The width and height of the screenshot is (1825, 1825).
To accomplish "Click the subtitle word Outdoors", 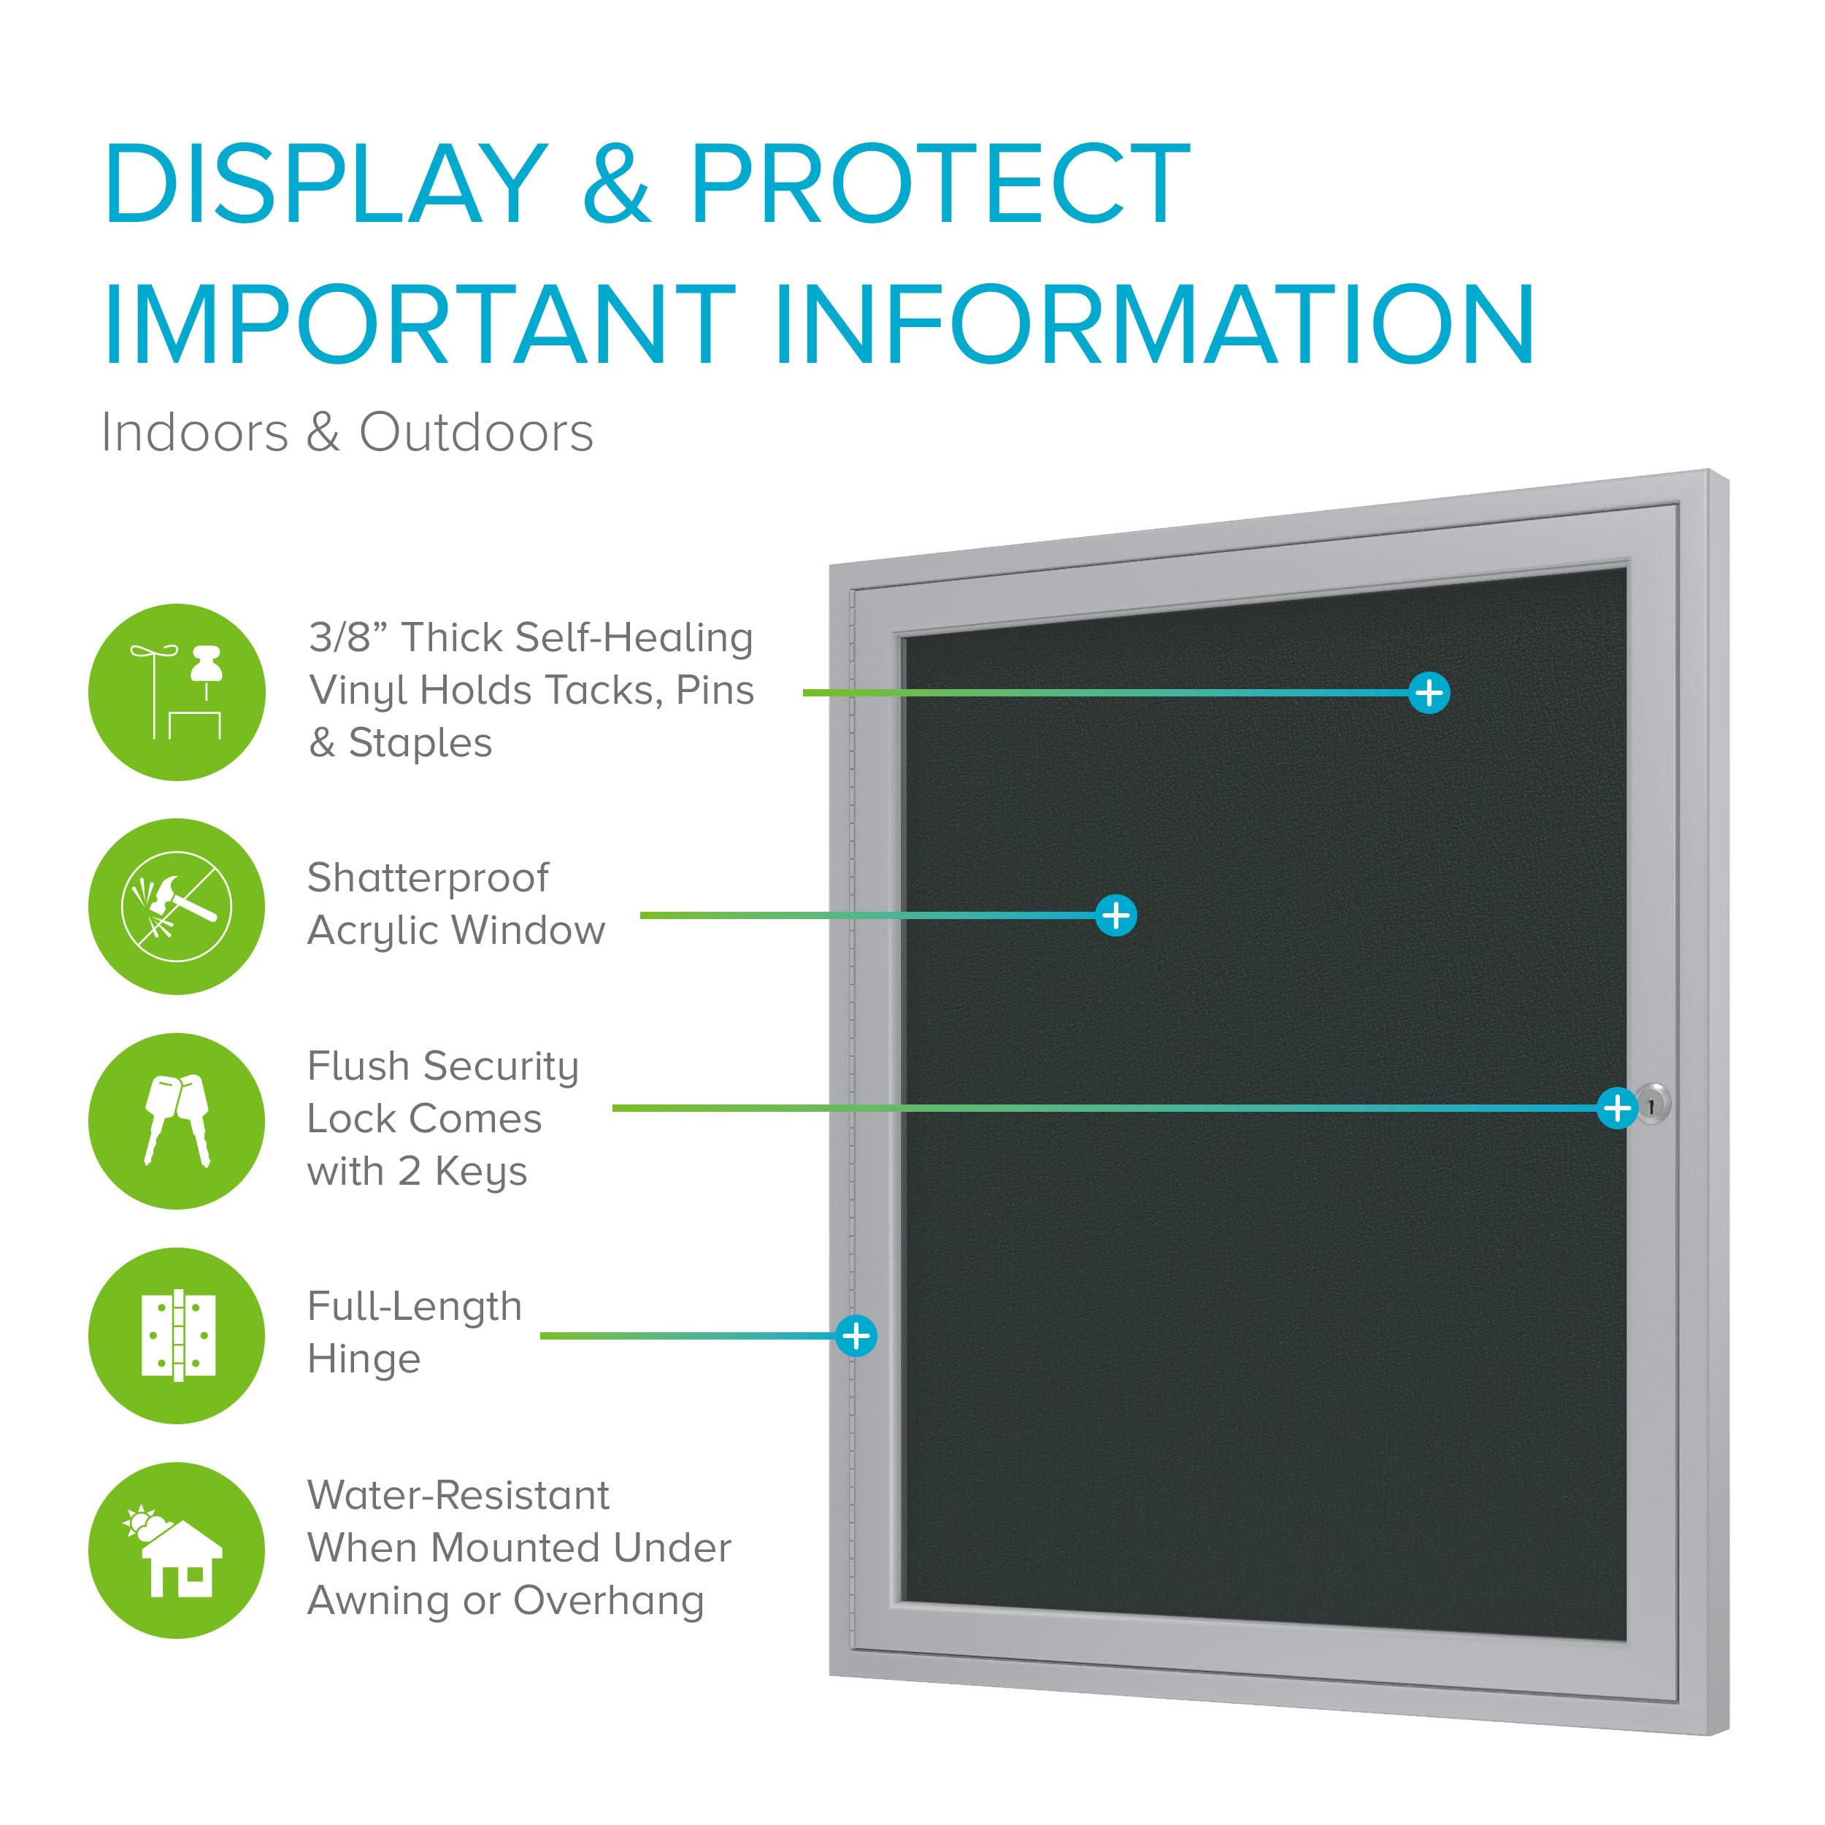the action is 476,433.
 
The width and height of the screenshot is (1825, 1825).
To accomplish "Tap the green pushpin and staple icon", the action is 177,692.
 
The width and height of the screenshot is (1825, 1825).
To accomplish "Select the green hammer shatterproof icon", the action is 177,906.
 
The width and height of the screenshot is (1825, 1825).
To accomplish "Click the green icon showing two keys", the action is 177,1121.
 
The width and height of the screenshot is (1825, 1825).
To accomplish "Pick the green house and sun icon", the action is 177,1550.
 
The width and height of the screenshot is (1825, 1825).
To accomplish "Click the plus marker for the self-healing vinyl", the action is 1429,692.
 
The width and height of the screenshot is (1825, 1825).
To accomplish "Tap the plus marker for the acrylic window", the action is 1115,915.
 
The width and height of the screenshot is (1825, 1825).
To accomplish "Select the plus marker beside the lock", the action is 1617,1107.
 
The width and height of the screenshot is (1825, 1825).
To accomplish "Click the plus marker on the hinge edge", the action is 856,1336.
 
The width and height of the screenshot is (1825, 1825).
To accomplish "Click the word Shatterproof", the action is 428,878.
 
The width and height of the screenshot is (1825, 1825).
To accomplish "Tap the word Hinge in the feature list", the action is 364,1360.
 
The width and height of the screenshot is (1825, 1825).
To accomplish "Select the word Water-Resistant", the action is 458,1495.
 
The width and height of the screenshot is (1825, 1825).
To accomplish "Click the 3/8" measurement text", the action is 346,637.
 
